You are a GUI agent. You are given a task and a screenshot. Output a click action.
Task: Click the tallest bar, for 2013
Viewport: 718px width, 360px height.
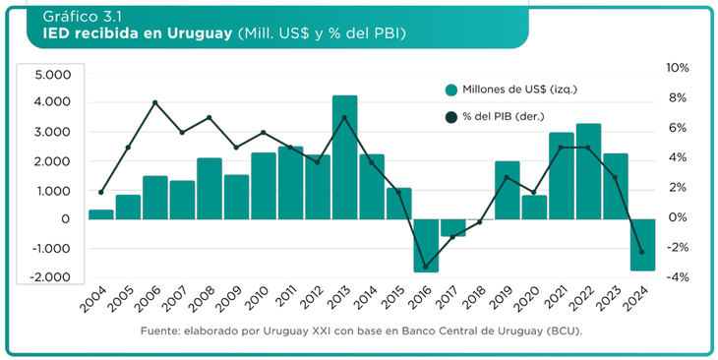pyautogui.click(x=344, y=157)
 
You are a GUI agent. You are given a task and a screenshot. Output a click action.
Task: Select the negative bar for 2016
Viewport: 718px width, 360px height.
pyautogui.click(x=425, y=245)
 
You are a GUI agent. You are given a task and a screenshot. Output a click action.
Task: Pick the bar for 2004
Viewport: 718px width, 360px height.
pyautogui.click(x=100, y=213)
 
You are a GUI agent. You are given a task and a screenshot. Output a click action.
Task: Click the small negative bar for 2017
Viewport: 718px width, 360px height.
pyautogui.click(x=452, y=227)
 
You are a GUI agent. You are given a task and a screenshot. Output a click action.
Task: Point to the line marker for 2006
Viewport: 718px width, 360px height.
pyautogui.click(x=155, y=103)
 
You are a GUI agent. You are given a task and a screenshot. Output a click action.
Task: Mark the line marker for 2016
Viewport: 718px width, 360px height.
pyautogui.click(x=425, y=267)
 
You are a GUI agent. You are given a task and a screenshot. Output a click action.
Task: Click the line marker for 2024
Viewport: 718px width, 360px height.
pyautogui.click(x=641, y=252)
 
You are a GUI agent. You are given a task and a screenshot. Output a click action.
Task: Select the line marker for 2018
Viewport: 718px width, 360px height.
pyautogui.click(x=479, y=222)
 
